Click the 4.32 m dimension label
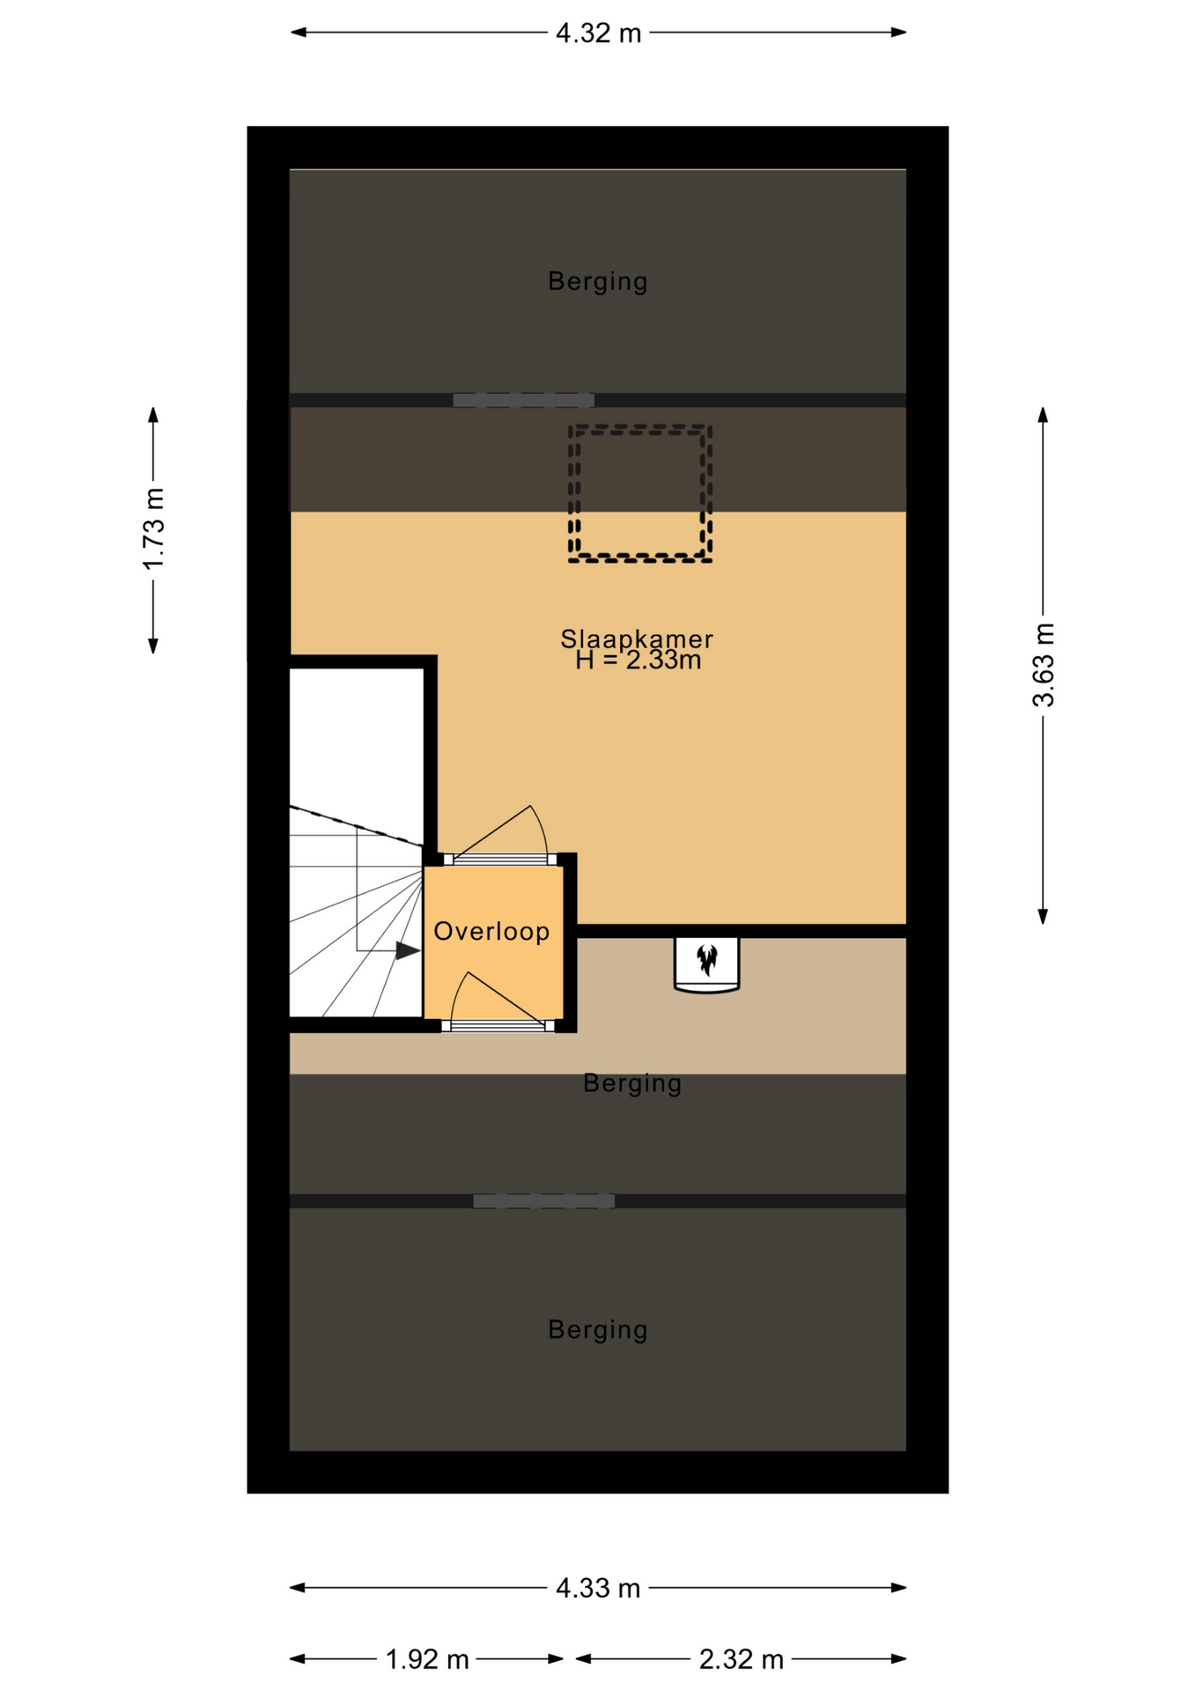pos(598,33)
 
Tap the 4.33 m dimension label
pos(598,1588)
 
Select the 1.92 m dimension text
pos(427,1659)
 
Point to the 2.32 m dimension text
pos(741,1659)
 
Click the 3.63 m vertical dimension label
pos(1044,665)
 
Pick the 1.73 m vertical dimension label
pos(154,528)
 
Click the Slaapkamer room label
pos(637,639)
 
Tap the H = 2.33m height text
pos(639,661)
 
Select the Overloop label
pos(491,931)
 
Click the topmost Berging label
pos(598,282)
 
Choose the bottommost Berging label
pos(598,1330)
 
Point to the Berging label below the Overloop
pos(632,1083)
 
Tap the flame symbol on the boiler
pos(706,959)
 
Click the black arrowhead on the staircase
pos(407,951)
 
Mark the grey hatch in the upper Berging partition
pos(523,401)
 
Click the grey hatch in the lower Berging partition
pos(543,1201)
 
